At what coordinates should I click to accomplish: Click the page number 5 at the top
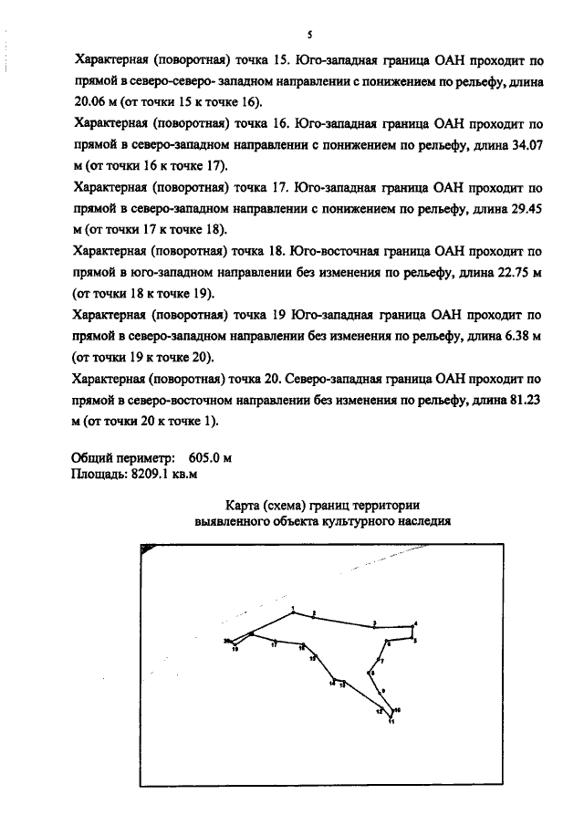tap(310, 36)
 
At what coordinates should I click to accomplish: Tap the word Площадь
tap(99, 474)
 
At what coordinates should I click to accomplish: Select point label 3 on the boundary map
tap(374, 623)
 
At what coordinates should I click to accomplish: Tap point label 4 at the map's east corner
tap(416, 623)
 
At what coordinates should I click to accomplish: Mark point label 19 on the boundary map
tap(235, 650)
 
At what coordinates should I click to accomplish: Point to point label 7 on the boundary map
tap(381, 660)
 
